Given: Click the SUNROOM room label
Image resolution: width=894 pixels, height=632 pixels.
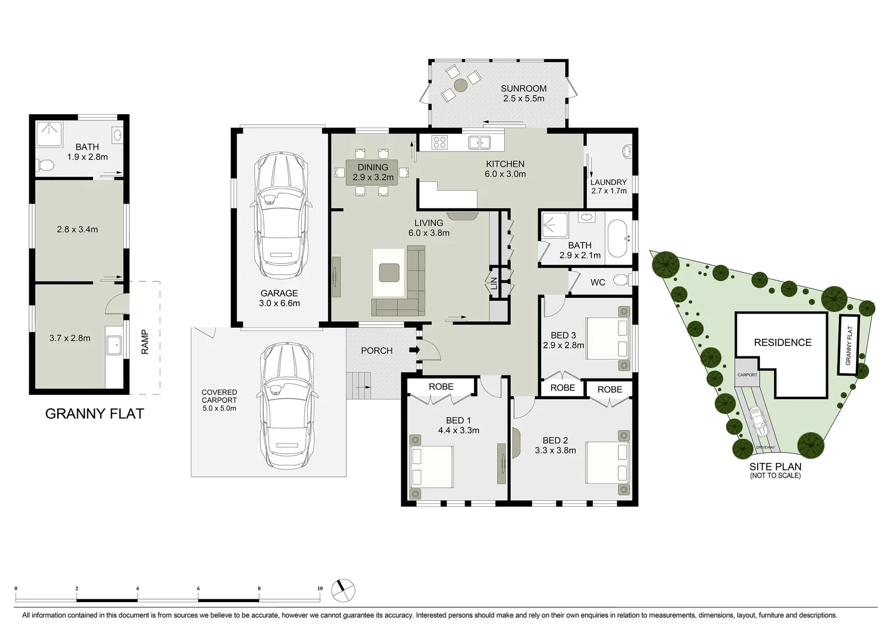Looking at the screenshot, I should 523,88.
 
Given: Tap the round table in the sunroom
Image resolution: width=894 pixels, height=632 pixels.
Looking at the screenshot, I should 460,85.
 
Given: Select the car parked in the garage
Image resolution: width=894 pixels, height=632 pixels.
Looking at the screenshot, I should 280,217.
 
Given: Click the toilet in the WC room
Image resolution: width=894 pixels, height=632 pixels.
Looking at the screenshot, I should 623,280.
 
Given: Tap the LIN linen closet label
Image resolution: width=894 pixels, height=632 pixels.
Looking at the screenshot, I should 494,284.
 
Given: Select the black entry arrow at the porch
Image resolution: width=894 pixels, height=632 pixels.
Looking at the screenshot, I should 415,350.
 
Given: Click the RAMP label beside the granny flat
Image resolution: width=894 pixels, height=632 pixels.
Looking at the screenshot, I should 145,342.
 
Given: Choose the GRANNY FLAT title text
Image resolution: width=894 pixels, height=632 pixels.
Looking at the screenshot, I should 94,414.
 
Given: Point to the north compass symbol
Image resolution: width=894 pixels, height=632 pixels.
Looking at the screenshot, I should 343,590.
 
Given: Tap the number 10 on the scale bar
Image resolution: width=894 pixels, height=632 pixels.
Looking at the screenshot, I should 319,589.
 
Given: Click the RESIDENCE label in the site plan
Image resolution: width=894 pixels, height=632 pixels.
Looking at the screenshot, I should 782,342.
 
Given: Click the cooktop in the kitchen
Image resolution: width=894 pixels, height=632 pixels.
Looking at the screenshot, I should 439,142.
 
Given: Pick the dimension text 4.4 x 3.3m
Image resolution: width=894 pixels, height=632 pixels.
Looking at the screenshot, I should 458,430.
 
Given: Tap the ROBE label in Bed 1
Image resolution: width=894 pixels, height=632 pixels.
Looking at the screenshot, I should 441,386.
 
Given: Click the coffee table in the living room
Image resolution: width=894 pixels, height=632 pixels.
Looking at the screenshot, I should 389,273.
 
